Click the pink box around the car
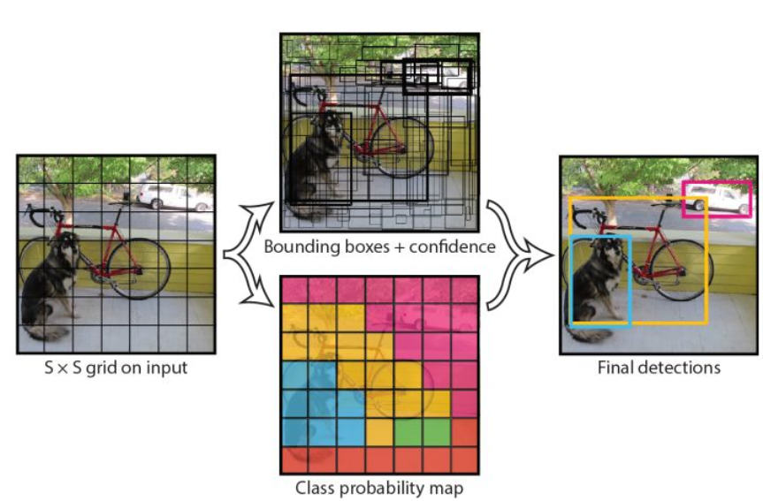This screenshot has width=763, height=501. click(x=717, y=183)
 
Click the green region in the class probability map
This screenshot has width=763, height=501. click(x=422, y=432)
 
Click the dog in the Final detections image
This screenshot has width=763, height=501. click(x=597, y=283)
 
